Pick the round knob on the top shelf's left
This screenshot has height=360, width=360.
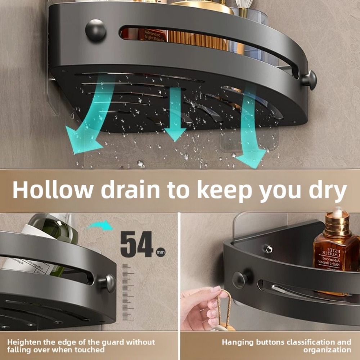point(96,30)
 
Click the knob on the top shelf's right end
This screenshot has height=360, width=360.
point(309,80)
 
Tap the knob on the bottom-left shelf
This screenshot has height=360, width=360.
point(108,283)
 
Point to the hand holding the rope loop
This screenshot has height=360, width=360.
point(202,306)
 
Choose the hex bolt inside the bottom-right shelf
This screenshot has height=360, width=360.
point(268,249)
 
